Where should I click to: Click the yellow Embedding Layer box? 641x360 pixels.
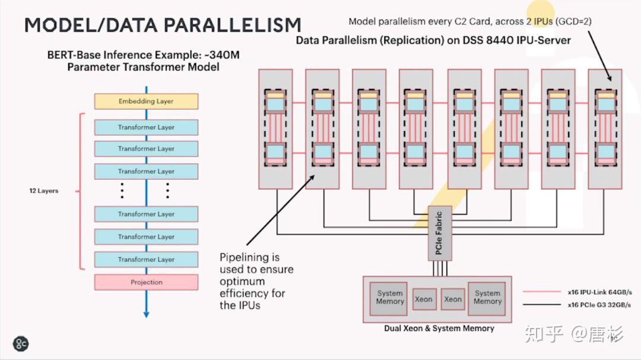point(146,101)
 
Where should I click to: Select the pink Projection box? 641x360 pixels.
point(146,282)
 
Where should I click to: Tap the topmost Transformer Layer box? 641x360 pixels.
point(146,128)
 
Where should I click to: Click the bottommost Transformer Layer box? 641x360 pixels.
point(146,260)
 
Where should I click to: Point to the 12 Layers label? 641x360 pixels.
point(44,191)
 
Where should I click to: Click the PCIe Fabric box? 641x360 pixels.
point(439,233)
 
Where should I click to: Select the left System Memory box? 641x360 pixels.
point(390,297)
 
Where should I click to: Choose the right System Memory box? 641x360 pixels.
point(487,297)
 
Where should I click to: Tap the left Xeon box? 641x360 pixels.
point(423,299)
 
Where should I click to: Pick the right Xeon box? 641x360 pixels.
point(453,299)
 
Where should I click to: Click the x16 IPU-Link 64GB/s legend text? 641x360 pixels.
point(599,292)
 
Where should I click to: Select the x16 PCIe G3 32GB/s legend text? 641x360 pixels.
point(599,305)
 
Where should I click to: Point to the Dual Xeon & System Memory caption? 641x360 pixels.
point(439,328)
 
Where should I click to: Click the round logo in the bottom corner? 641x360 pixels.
point(21,343)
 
